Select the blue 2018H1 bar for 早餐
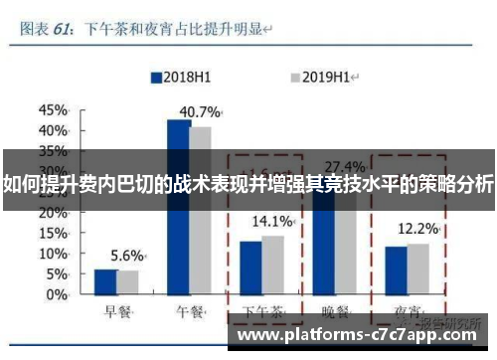pyautogui.click(x=105, y=283)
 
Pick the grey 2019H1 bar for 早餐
pyautogui.click(x=127, y=283)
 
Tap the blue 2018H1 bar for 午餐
pyautogui.click(x=179, y=209)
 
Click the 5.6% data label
pyautogui.click(x=127, y=255)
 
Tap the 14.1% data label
pyautogui.click(x=272, y=221)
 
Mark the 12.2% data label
pyautogui.click(x=417, y=229)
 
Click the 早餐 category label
pyautogui.click(x=116, y=312)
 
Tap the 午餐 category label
pyautogui.click(x=189, y=312)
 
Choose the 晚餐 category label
pyautogui.click(x=335, y=312)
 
